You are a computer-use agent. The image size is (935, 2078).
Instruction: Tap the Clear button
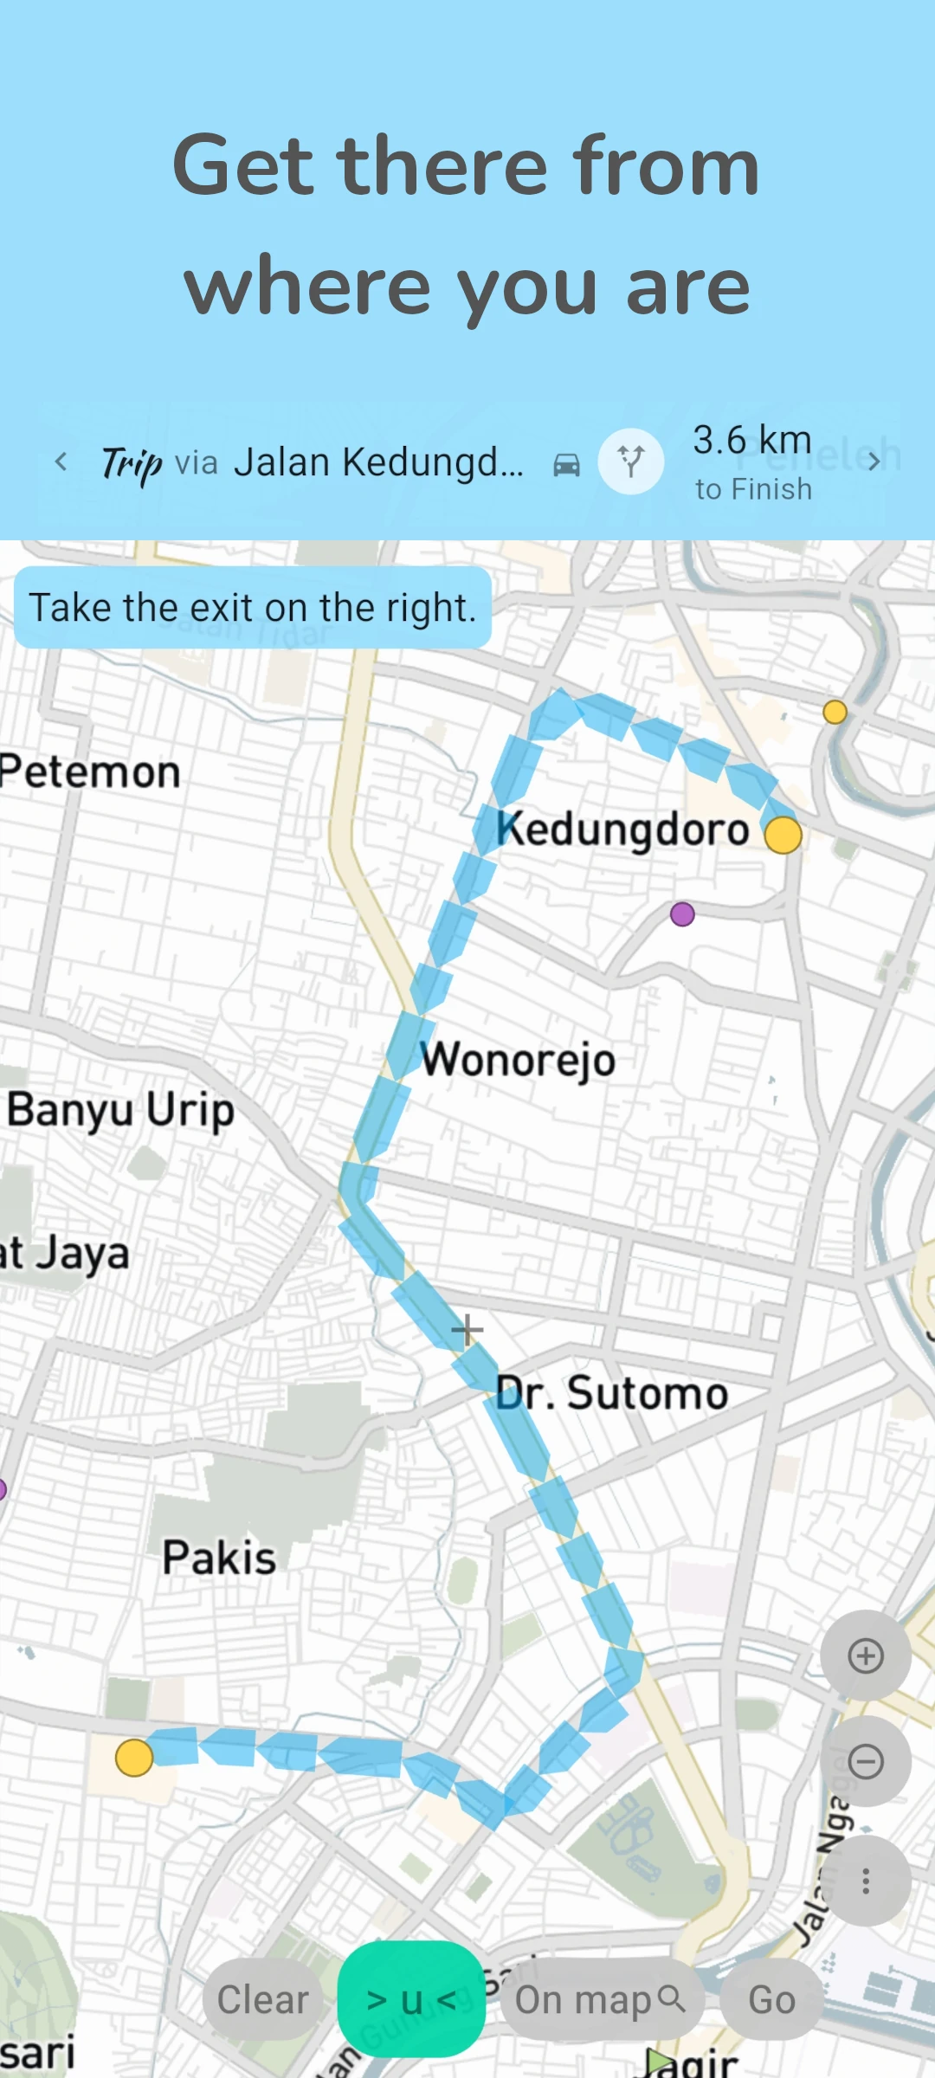click(262, 2000)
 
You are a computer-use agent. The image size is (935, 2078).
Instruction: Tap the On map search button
click(600, 2000)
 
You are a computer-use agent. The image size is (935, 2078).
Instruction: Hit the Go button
click(771, 2000)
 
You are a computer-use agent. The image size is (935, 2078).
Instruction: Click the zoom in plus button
click(865, 1655)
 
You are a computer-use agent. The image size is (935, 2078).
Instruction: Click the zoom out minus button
click(865, 1761)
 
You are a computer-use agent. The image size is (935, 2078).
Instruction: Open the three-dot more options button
click(865, 1881)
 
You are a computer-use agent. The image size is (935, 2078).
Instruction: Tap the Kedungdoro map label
click(622, 829)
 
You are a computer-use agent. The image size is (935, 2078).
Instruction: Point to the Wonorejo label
click(518, 1059)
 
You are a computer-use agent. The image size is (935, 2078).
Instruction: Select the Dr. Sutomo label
click(611, 1393)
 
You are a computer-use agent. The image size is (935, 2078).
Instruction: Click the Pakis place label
click(219, 1558)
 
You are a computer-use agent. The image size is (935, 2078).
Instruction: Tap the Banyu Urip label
click(121, 1110)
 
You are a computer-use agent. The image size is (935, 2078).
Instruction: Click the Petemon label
click(90, 771)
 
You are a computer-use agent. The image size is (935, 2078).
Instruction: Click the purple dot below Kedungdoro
click(682, 913)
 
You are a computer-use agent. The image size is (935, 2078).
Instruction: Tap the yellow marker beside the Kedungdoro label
click(783, 835)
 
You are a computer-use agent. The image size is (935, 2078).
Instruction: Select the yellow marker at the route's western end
click(134, 1758)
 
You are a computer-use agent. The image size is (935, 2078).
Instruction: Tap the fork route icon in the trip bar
click(631, 461)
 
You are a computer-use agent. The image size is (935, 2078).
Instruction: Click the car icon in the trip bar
click(566, 465)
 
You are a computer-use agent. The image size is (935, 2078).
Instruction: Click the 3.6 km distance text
click(751, 440)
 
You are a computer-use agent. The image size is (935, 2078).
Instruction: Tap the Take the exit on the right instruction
click(253, 607)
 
